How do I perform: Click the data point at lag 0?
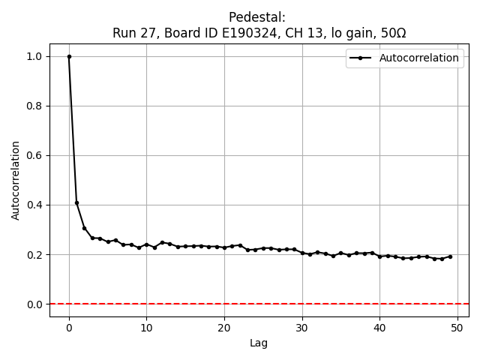coord(69,56)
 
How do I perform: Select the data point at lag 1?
coord(76,202)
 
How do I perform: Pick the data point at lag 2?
coord(85,228)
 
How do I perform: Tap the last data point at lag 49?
coord(450,256)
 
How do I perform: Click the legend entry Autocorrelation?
coord(418,58)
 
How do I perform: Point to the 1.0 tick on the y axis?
coord(34,56)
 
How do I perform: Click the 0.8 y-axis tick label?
coord(34,106)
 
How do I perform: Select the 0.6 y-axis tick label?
coord(34,155)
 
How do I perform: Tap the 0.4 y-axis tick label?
coord(34,205)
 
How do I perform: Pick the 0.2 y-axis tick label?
coord(34,254)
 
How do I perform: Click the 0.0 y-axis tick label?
coord(34,304)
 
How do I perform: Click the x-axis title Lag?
coord(259,343)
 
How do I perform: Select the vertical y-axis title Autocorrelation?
coord(16,180)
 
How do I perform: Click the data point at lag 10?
coord(146,244)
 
